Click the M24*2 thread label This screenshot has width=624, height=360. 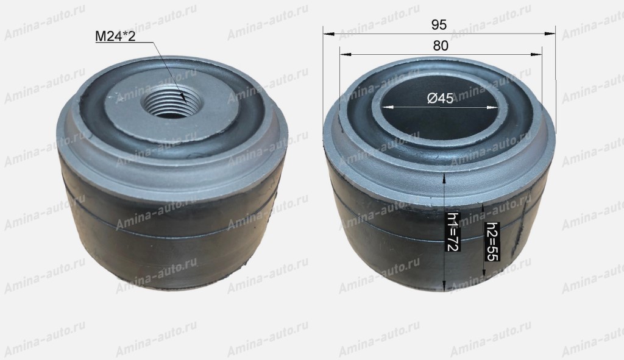(115, 37)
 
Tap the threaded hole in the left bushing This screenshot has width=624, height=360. (172, 102)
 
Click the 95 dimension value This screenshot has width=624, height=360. (439, 25)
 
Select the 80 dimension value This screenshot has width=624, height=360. (441, 46)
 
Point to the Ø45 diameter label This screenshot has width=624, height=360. (440, 98)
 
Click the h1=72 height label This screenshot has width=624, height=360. (453, 231)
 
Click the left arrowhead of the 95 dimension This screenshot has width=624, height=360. (328, 34)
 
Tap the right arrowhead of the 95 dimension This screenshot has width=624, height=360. (550, 34)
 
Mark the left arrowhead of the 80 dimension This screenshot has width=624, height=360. (345, 54)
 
